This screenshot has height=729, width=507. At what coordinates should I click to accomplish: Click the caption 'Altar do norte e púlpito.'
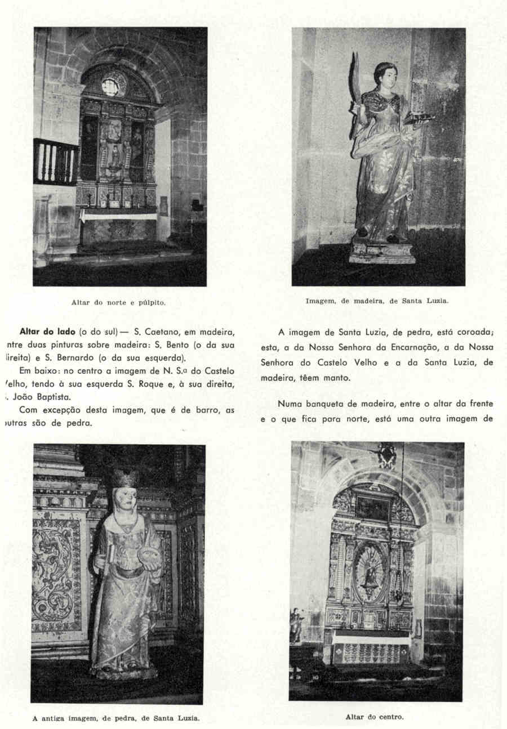point(118,302)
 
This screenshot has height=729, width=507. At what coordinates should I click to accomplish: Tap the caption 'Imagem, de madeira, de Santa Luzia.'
point(377,301)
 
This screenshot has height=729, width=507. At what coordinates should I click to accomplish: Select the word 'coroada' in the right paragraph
point(475,332)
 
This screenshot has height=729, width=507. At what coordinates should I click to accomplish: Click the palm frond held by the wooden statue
point(355,90)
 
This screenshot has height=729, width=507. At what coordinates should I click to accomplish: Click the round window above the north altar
point(110,87)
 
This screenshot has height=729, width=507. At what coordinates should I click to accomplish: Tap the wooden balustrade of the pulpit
point(56,162)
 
